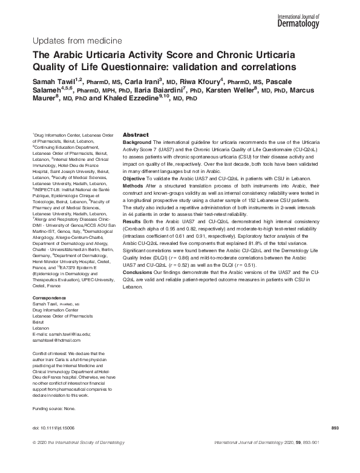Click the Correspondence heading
pyautogui.click(x=50, y=298)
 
